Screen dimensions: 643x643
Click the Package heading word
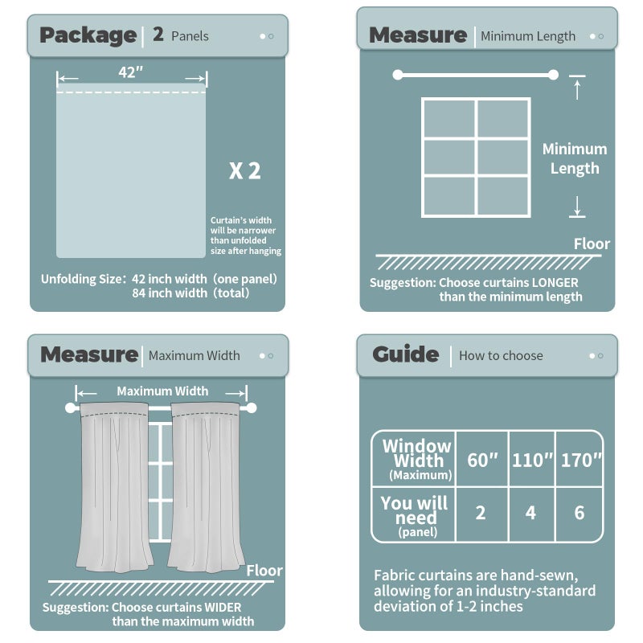click(x=88, y=35)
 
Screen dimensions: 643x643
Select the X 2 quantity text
click(x=245, y=170)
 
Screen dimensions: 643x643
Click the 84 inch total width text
click(x=190, y=293)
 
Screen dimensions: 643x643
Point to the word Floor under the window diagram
click(x=592, y=244)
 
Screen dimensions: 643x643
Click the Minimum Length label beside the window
click(x=575, y=158)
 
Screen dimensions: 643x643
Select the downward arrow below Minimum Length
click(x=576, y=207)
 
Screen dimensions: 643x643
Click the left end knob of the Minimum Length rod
click(x=397, y=75)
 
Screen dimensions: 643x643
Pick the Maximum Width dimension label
click(x=162, y=391)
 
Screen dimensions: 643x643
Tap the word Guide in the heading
click(x=405, y=354)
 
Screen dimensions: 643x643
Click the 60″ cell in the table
click(x=482, y=460)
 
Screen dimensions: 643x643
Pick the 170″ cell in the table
click(x=580, y=460)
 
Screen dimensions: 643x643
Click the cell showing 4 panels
click(x=530, y=513)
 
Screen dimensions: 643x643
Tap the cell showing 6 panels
click(x=580, y=513)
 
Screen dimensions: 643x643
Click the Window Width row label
click(x=417, y=459)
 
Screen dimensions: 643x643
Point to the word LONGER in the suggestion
click(x=555, y=283)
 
